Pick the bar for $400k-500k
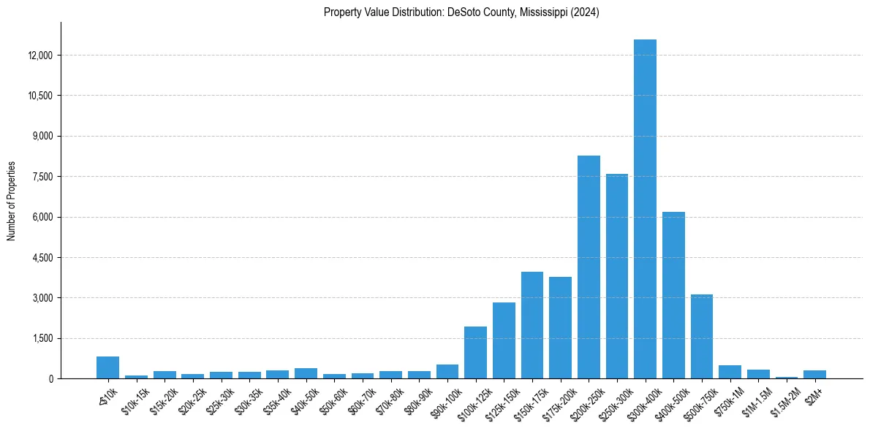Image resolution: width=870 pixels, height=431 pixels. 673,295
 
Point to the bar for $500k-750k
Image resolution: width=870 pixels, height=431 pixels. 702,336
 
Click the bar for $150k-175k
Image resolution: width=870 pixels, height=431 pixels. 532,325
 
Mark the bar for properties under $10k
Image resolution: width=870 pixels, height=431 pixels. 107,367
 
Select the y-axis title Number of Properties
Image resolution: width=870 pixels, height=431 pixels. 11,200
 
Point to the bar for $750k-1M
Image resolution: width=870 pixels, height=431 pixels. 730,372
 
